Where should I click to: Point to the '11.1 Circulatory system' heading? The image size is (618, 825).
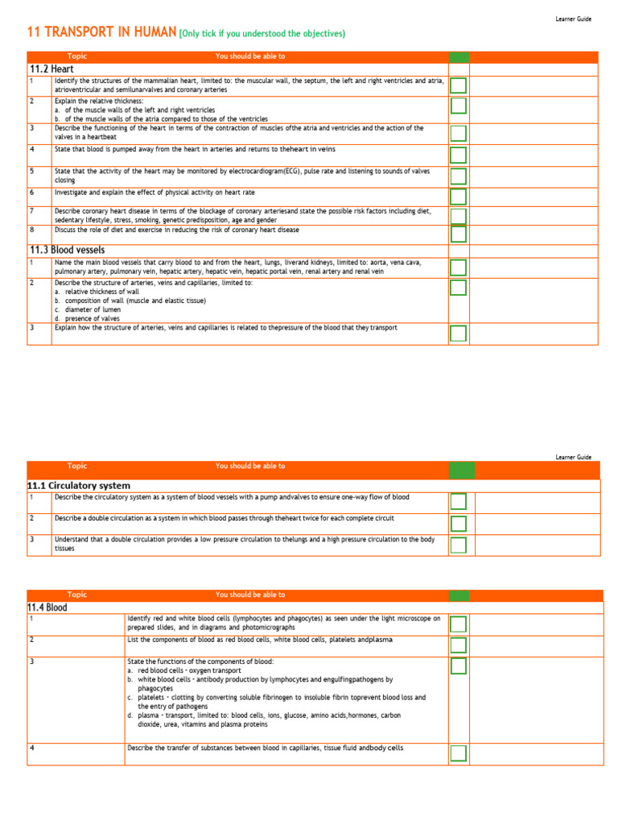[x=79, y=486]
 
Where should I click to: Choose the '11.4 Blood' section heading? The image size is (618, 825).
[x=47, y=607]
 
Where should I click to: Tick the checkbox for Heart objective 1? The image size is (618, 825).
[x=458, y=86]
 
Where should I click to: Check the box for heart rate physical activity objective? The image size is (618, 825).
[x=458, y=197]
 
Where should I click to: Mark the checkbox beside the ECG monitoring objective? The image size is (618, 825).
[x=458, y=176]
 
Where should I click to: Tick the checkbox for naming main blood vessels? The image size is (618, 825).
[x=458, y=267]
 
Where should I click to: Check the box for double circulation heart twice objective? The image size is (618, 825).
[x=458, y=524]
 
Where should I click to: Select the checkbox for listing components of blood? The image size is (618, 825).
[x=458, y=645]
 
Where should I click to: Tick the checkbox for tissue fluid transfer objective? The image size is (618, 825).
[x=458, y=753]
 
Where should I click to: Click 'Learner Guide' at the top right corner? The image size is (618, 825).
[x=573, y=19]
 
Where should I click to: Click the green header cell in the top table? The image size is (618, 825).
[x=459, y=56]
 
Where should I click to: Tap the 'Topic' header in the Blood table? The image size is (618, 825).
[x=77, y=595]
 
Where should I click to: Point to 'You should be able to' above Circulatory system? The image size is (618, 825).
[x=250, y=466]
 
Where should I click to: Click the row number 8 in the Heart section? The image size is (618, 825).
[x=32, y=230]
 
